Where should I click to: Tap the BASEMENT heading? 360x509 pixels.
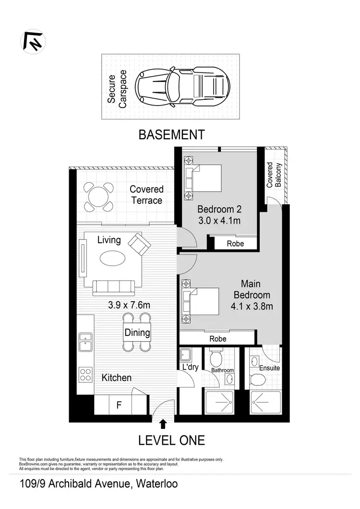[x=171, y=135]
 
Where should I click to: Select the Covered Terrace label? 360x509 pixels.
[x=146, y=195]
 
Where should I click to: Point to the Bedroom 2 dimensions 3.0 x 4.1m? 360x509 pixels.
[x=219, y=221]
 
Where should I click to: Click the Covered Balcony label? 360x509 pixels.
[x=275, y=175]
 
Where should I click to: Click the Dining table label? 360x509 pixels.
[x=137, y=332]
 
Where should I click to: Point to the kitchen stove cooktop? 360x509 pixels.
[x=85, y=374]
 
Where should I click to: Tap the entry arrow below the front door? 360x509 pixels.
[x=163, y=424]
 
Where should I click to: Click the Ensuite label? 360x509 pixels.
[x=269, y=368]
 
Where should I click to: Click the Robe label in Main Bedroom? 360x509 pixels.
[x=217, y=338]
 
